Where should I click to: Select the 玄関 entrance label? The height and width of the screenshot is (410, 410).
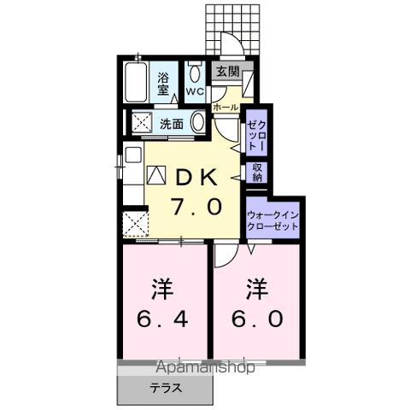226,72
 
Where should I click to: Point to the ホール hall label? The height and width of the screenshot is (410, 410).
225,108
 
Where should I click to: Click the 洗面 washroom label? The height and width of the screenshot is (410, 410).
172,123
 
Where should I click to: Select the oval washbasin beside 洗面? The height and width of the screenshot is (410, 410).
197,123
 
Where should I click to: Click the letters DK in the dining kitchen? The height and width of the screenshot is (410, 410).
199,176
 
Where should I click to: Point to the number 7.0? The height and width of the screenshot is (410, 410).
199,206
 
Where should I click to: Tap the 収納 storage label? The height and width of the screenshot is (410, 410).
257,173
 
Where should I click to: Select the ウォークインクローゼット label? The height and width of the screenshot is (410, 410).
272,221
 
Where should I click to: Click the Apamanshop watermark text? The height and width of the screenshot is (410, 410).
205,368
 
